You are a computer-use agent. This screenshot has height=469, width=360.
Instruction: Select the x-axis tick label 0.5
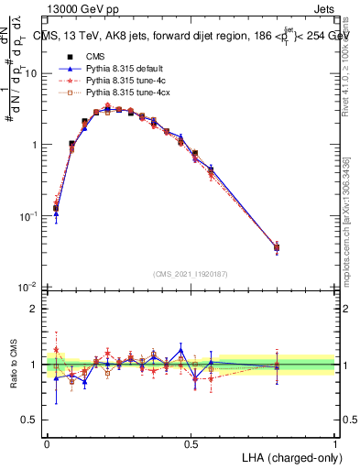[191, 442]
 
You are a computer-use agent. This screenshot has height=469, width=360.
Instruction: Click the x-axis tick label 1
[334, 442]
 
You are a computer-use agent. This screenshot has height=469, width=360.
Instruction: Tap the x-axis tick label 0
[48, 442]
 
